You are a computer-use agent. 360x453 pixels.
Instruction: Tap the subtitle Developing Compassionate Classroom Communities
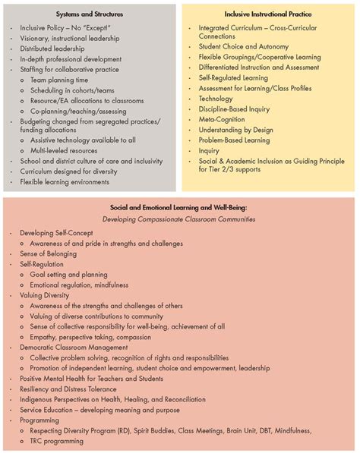(x=179, y=218)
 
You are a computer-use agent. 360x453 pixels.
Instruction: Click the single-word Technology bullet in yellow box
(x=216, y=99)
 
